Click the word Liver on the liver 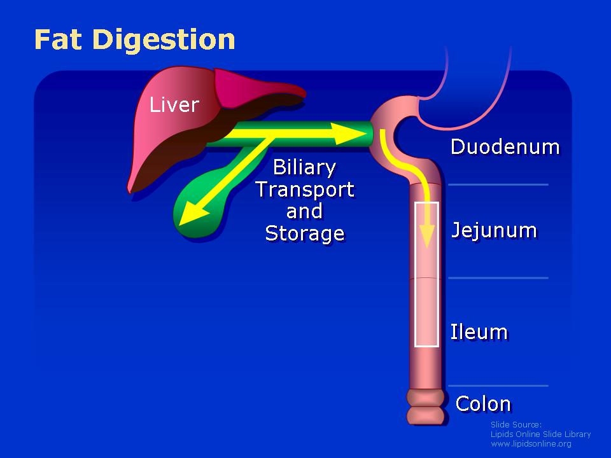pos(174,104)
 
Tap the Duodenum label pos(505,147)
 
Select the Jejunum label pos(494,230)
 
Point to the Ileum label pos(479,332)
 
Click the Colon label pos(483,403)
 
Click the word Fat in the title pos(58,39)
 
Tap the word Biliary pos(304,168)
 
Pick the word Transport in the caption pos(305,190)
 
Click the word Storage pos(305,233)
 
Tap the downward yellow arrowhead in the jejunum pos(428,235)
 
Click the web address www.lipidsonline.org pos(531,444)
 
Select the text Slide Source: pos(516,424)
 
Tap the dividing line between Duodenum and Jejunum pos(498,184)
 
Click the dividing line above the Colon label pos(498,386)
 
